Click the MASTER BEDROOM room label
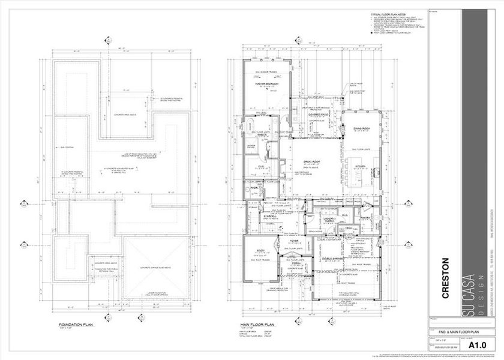click(x=265, y=85)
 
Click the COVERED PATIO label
click(x=316, y=113)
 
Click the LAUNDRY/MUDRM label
click(x=316, y=220)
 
